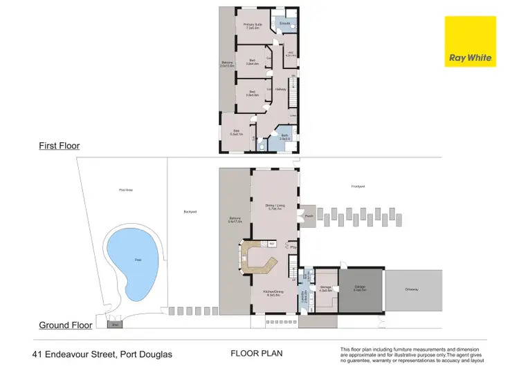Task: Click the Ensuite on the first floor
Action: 284,23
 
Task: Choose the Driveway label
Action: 412,289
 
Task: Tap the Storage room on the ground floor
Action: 325,288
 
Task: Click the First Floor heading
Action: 59,146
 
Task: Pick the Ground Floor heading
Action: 66,325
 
